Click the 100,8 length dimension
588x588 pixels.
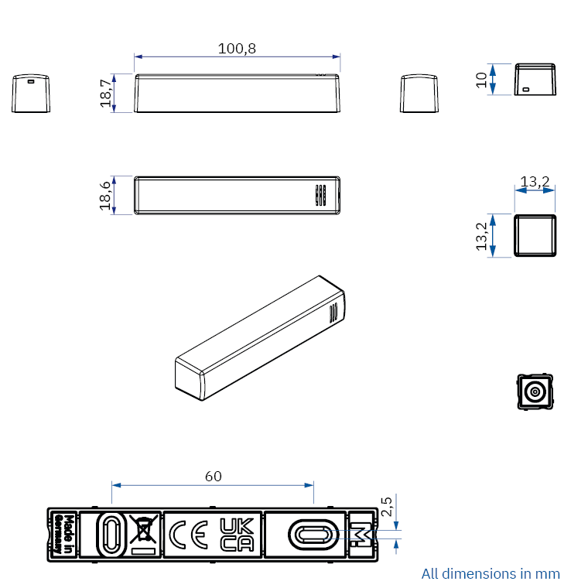(237, 49)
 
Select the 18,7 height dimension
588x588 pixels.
(106, 93)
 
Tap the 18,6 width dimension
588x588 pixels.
(105, 196)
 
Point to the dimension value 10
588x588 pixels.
(481, 80)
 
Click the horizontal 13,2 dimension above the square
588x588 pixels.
(535, 182)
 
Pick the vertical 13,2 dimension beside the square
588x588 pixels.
(481, 236)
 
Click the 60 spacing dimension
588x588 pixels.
(214, 477)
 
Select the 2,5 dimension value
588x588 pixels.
(386, 507)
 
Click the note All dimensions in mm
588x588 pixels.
(491, 574)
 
